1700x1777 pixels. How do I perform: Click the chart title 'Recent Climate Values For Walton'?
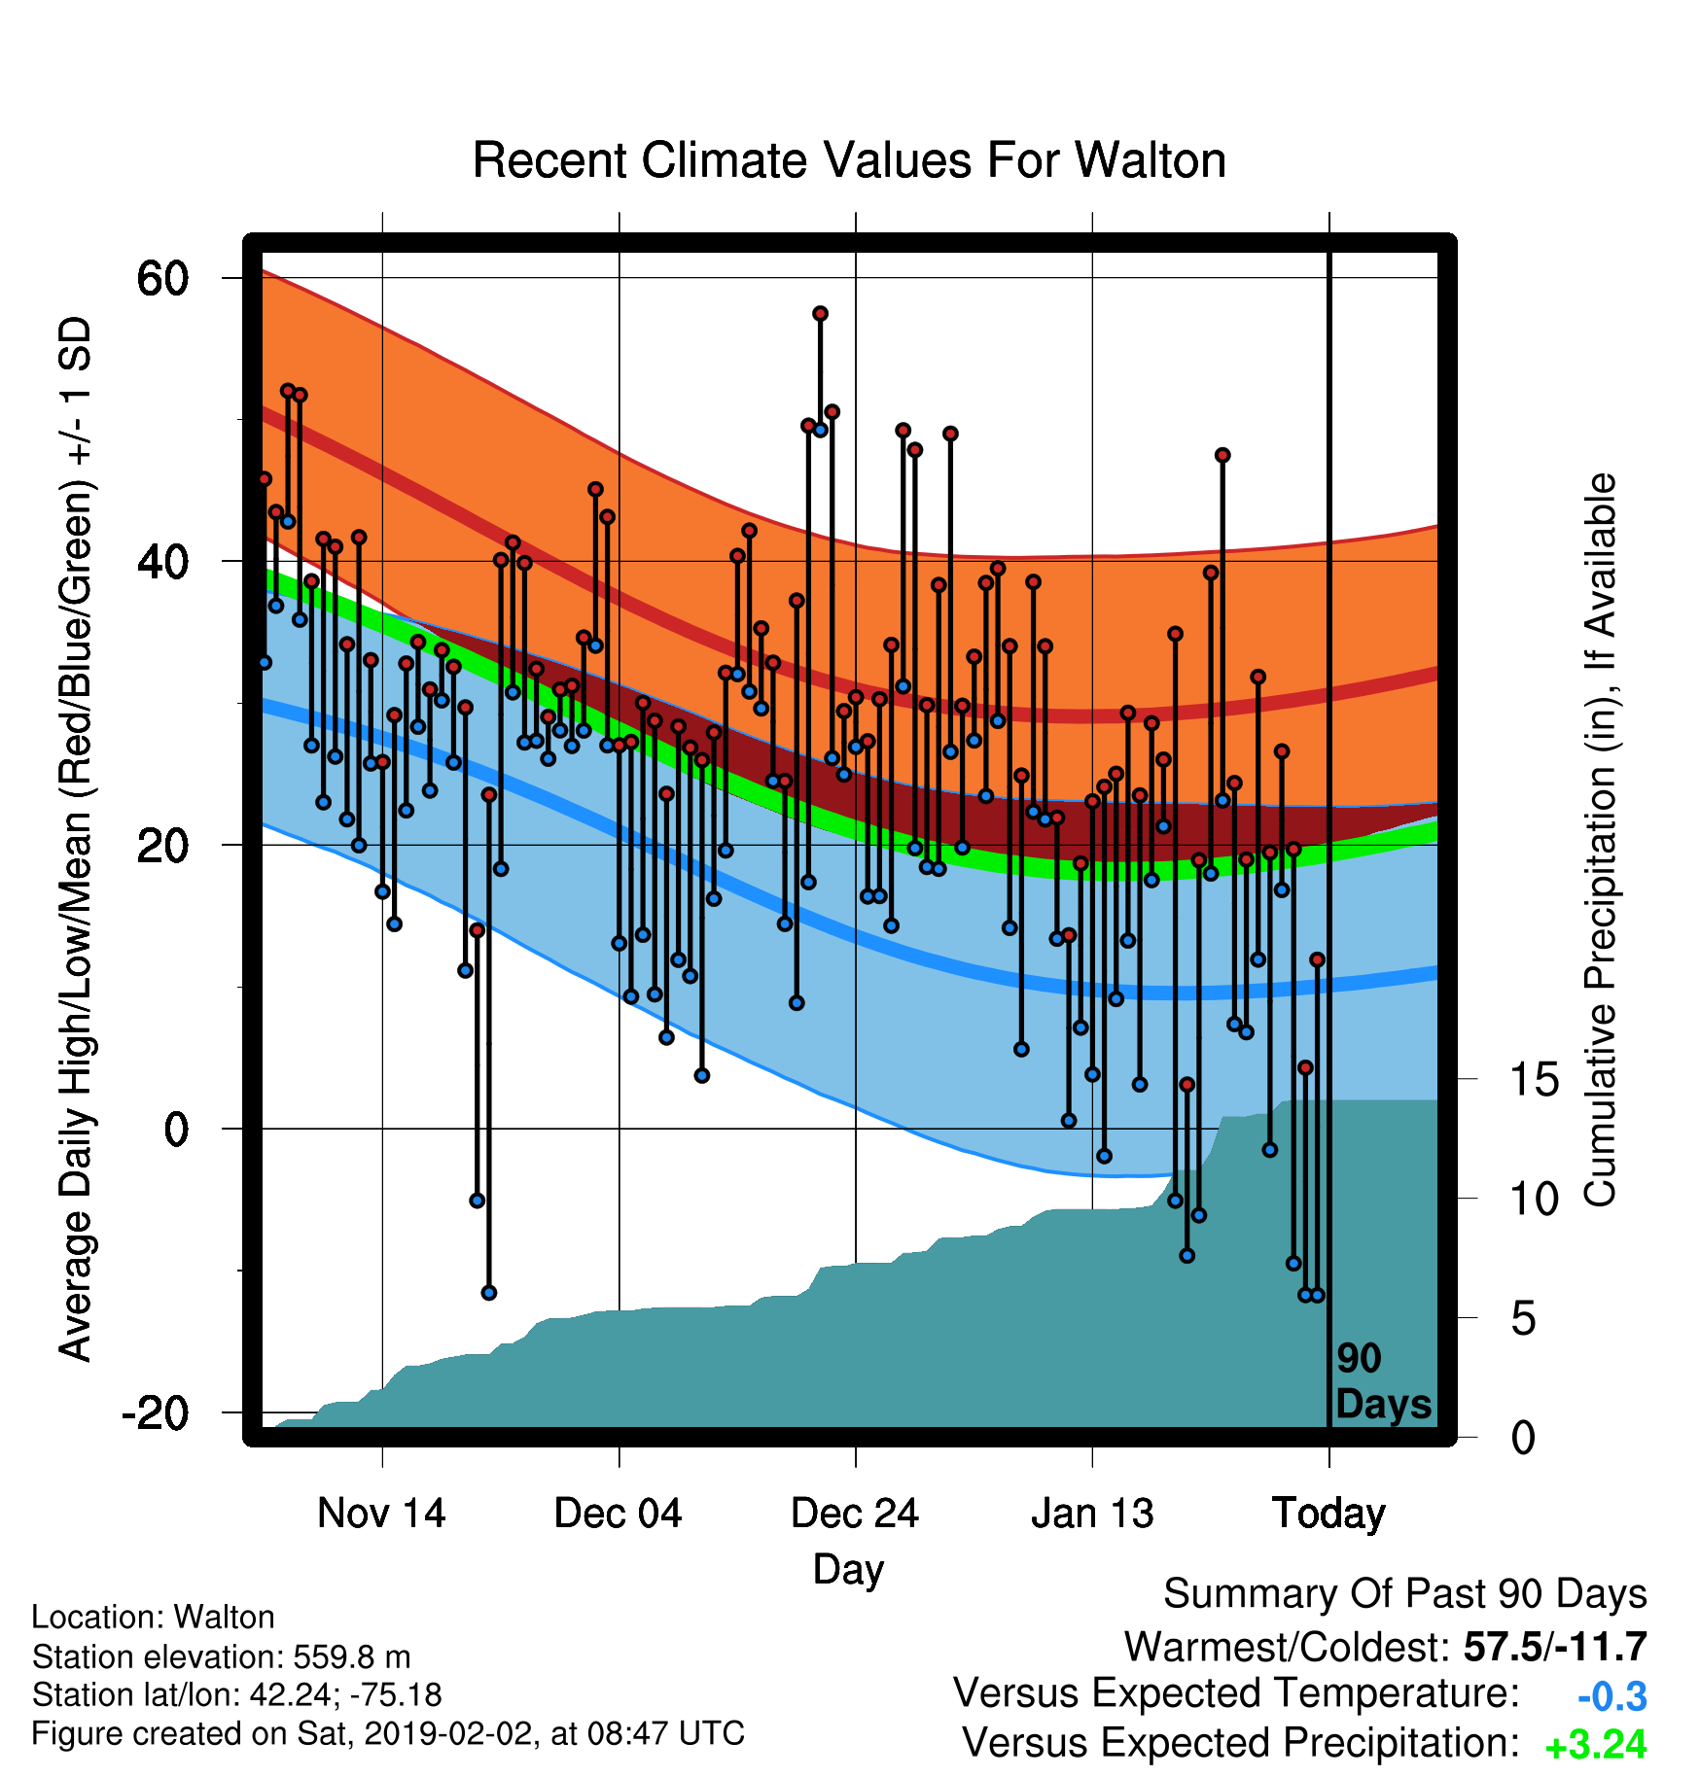click(849, 160)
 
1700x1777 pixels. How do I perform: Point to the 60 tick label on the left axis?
click(162, 279)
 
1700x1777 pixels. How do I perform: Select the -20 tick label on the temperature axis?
click(155, 1411)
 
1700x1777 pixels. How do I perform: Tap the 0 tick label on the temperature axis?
click(176, 1130)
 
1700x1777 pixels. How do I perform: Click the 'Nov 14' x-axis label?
click(381, 1514)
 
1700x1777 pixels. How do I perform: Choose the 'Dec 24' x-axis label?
click(855, 1514)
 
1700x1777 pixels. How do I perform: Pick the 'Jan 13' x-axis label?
click(1092, 1514)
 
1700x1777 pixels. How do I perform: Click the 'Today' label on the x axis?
click(1328, 1515)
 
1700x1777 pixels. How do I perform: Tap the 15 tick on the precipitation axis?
click(1534, 1079)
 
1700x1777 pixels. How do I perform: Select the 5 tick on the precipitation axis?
click(1523, 1319)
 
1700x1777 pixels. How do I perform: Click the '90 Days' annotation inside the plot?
click(1383, 1381)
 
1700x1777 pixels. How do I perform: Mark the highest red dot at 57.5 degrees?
click(820, 313)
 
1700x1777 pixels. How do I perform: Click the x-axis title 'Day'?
click(849, 1570)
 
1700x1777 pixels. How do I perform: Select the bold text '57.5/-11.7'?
click(1555, 1647)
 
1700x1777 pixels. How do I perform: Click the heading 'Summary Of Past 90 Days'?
click(1405, 1594)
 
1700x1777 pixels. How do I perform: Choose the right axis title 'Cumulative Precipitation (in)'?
click(1601, 840)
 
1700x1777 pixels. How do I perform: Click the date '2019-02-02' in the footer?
click(446, 1733)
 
